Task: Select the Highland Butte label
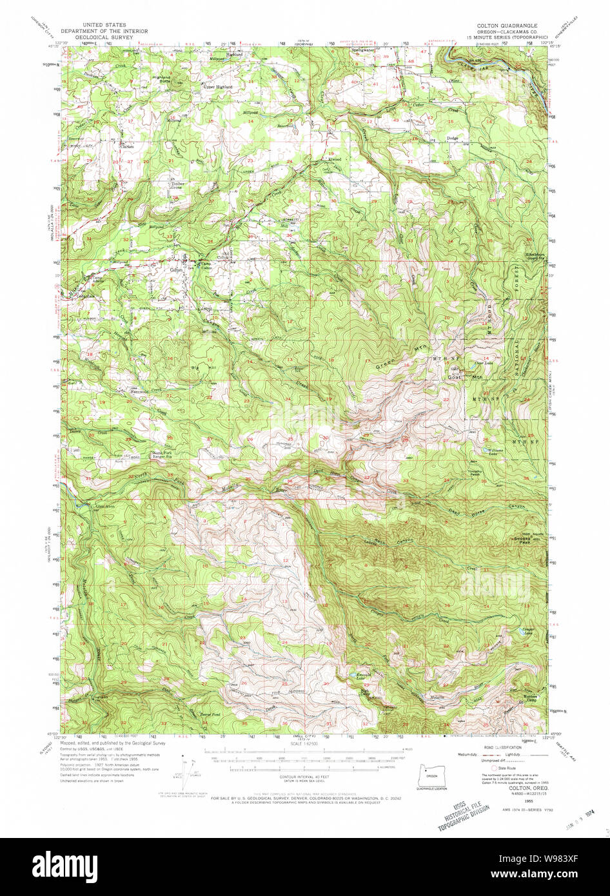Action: pos(161,79)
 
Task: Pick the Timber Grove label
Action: pos(177,185)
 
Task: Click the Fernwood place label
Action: pos(140,391)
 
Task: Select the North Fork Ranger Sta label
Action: pos(162,455)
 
